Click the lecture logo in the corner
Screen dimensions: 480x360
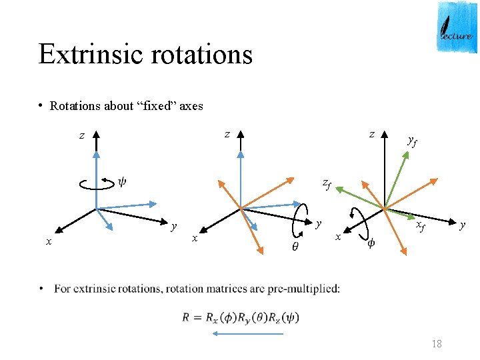coord(457,27)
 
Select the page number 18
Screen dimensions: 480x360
coord(437,344)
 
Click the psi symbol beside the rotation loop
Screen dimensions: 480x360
coord(122,182)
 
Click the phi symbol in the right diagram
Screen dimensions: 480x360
coord(371,243)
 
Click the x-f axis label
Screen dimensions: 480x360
coord(421,227)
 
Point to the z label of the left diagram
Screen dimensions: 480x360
coord(81,136)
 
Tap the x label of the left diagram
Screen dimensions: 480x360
coord(48,241)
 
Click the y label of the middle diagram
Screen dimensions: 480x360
coord(319,223)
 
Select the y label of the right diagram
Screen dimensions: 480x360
coord(461,226)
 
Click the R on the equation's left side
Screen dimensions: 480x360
coord(186,317)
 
